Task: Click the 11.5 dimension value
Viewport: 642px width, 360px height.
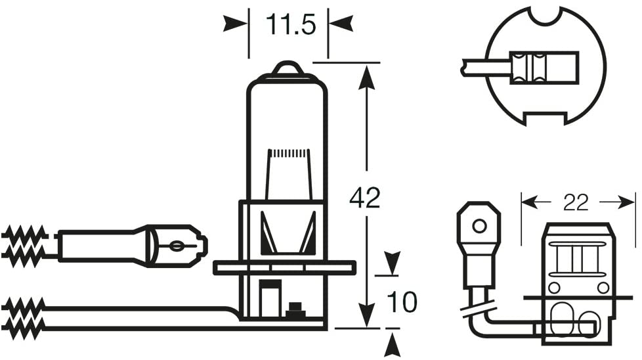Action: point(291,24)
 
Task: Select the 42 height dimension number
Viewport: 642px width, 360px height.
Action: point(365,198)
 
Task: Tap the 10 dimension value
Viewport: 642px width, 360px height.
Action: point(402,302)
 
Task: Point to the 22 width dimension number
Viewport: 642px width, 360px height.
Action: point(576,202)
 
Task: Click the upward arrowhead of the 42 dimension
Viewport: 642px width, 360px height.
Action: point(366,77)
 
